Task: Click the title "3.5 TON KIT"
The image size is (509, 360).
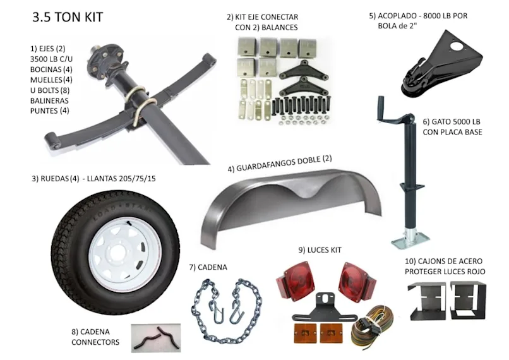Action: [68, 17]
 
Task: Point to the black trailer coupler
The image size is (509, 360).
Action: [441, 65]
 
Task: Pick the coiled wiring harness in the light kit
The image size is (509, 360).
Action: [372, 325]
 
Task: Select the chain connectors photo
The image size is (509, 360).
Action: [156, 338]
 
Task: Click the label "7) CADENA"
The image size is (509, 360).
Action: [208, 267]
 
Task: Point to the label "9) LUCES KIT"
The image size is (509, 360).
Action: [320, 249]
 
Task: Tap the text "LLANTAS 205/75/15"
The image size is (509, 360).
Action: [121, 179]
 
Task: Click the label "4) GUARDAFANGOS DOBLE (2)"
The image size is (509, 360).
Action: [280, 164]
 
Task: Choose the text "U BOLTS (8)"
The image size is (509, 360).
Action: [50, 90]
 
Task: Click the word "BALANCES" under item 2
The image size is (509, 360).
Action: [280, 27]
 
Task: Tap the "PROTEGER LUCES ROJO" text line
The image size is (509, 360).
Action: [445, 272]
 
